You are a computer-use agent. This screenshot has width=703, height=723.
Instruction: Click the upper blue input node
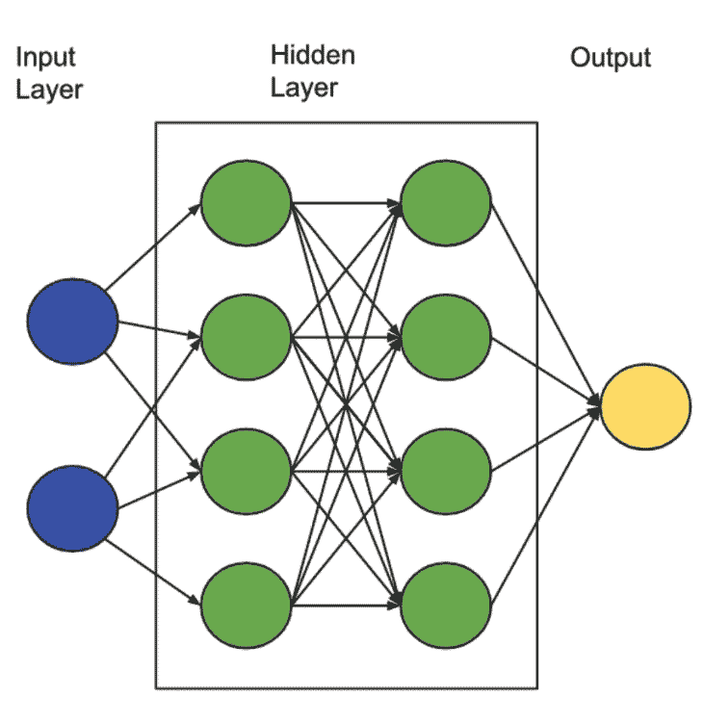click(x=72, y=321)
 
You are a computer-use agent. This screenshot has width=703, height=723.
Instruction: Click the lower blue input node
click(x=72, y=507)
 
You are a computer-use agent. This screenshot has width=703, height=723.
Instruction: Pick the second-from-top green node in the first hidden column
click(x=246, y=338)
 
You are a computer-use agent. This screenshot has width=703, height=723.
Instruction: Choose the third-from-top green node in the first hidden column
click(x=246, y=472)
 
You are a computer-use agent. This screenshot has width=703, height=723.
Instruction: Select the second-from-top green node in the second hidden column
click(x=446, y=338)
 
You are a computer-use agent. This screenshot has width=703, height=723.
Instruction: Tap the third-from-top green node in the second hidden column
click(x=446, y=472)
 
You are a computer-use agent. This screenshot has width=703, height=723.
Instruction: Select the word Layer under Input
click(x=49, y=91)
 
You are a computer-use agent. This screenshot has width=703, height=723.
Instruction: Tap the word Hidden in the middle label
click(x=312, y=55)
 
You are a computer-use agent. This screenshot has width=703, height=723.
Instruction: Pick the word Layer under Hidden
click(x=303, y=88)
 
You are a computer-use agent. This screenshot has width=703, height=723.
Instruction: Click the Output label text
click(x=611, y=58)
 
